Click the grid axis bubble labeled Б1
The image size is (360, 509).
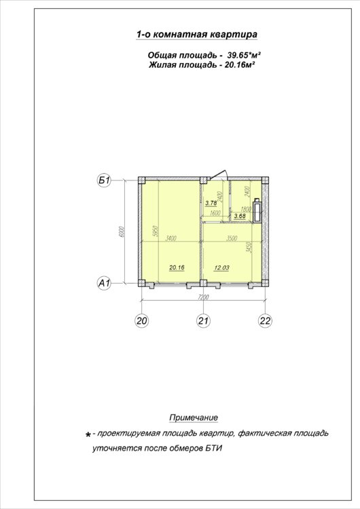click(x=105, y=180)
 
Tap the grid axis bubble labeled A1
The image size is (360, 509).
click(x=105, y=283)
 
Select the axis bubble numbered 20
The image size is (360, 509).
click(x=142, y=321)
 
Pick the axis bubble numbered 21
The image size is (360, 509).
click(x=203, y=321)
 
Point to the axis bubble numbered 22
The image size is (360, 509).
click(x=265, y=321)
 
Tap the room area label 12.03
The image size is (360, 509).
click(x=221, y=267)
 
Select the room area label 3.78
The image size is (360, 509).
click(x=211, y=203)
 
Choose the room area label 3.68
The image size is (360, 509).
click(x=240, y=216)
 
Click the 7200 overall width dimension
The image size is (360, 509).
click(x=202, y=297)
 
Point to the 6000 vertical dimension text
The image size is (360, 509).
click(x=122, y=231)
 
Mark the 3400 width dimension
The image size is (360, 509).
click(x=171, y=239)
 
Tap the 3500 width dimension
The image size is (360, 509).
click(x=232, y=239)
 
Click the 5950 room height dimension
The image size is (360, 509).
click(x=156, y=231)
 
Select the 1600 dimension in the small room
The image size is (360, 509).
click(x=215, y=213)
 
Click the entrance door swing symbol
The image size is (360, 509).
click(x=218, y=174)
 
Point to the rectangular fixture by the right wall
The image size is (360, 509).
click(x=257, y=211)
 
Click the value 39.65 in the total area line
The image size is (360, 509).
click(x=239, y=55)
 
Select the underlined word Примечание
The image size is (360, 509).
click(x=194, y=417)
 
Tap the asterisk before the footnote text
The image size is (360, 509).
click(x=88, y=434)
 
